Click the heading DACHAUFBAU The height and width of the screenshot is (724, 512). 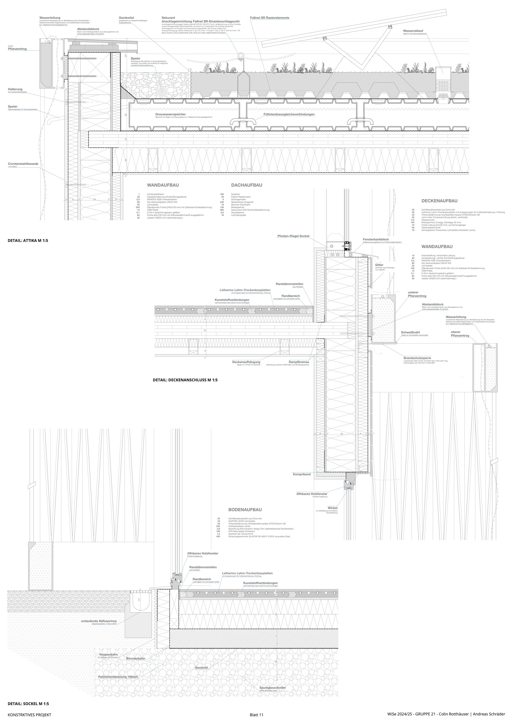[247, 185]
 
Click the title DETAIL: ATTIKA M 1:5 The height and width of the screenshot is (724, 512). [28, 241]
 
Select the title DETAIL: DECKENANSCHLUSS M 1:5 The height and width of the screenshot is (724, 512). [185, 380]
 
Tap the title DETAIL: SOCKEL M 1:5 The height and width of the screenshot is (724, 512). [28, 703]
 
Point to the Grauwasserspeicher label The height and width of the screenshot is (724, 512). [170, 114]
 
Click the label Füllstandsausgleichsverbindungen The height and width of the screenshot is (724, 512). [289, 114]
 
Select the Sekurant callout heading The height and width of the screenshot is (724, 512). [168, 18]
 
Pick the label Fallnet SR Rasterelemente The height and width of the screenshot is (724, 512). [270, 18]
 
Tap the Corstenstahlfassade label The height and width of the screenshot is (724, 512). [23, 164]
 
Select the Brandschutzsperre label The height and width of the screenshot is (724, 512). [417, 358]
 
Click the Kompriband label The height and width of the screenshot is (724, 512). [301, 474]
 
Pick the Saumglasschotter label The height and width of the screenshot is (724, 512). [272, 688]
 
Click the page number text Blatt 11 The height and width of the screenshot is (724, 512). [256, 715]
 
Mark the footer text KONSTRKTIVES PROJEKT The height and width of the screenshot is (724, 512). [29, 715]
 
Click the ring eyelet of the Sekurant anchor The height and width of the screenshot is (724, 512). [241, 56]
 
